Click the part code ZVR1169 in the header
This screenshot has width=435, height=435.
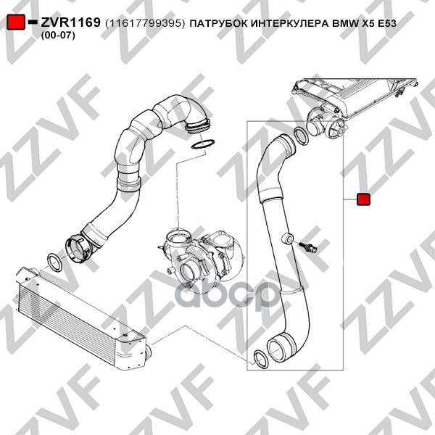tap(70, 22)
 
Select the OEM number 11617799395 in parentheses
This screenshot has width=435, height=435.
tap(145, 24)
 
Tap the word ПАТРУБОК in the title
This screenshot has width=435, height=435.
tap(219, 24)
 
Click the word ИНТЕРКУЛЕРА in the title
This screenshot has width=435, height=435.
tap(289, 24)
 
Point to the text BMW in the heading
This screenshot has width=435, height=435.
tap(341, 24)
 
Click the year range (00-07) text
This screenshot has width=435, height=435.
tap(58, 36)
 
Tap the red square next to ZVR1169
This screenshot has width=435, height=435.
tap(16, 22)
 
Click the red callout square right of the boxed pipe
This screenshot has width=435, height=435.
tap(363, 199)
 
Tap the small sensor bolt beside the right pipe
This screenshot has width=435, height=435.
tap(309, 247)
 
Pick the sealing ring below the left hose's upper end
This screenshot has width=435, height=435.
tap(203, 144)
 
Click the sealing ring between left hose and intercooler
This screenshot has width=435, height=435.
tap(54, 262)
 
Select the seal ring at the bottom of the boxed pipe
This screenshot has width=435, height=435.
tap(261, 360)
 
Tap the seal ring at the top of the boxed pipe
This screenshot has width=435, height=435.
tap(301, 136)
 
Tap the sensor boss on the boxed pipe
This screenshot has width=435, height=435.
tap(287, 239)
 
